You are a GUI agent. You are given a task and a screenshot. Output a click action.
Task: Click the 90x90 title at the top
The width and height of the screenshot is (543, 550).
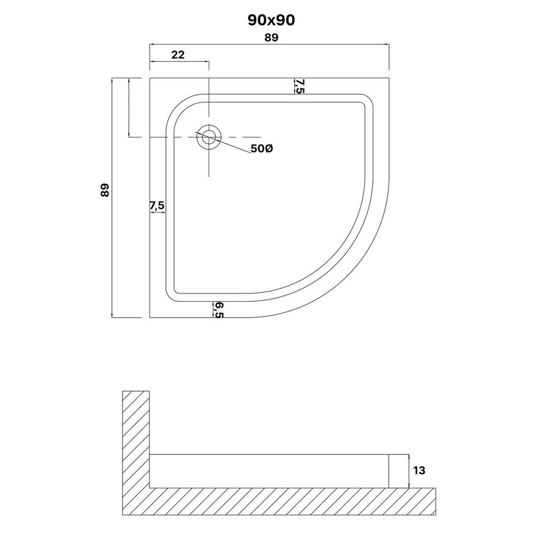click(x=271, y=20)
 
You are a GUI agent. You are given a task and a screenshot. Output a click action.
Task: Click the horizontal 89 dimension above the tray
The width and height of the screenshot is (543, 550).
click(x=271, y=37)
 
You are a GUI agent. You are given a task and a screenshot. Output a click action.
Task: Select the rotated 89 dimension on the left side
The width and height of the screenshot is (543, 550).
click(x=105, y=190)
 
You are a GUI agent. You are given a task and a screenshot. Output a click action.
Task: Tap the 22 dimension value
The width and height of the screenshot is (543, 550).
click(x=178, y=55)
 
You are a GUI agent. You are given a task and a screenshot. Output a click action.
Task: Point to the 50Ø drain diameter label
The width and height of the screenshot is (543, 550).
click(x=262, y=148)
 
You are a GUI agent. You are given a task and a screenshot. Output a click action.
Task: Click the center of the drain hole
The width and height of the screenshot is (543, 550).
click(x=209, y=137)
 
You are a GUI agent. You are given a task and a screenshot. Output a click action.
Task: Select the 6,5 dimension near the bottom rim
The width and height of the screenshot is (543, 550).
click(x=218, y=310)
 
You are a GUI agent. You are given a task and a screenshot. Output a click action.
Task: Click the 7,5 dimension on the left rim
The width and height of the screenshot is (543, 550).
click(x=157, y=205)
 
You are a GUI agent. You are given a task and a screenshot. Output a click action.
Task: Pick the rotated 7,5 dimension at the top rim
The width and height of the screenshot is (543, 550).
click(x=300, y=86)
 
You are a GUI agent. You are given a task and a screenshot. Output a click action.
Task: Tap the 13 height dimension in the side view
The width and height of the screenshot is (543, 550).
click(x=419, y=470)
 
